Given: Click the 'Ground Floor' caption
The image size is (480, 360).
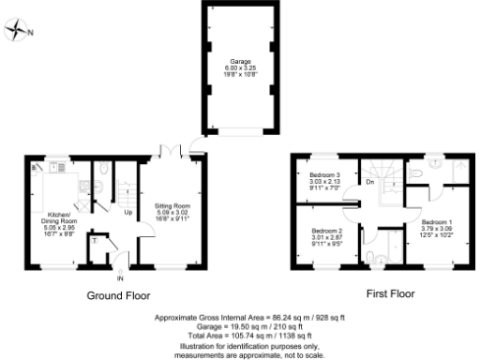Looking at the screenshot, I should (119, 294).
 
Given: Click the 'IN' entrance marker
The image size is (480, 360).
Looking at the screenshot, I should (120, 279).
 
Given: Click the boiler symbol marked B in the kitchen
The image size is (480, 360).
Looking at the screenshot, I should (36, 167).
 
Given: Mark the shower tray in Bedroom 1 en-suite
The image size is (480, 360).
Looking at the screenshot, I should (458, 170).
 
